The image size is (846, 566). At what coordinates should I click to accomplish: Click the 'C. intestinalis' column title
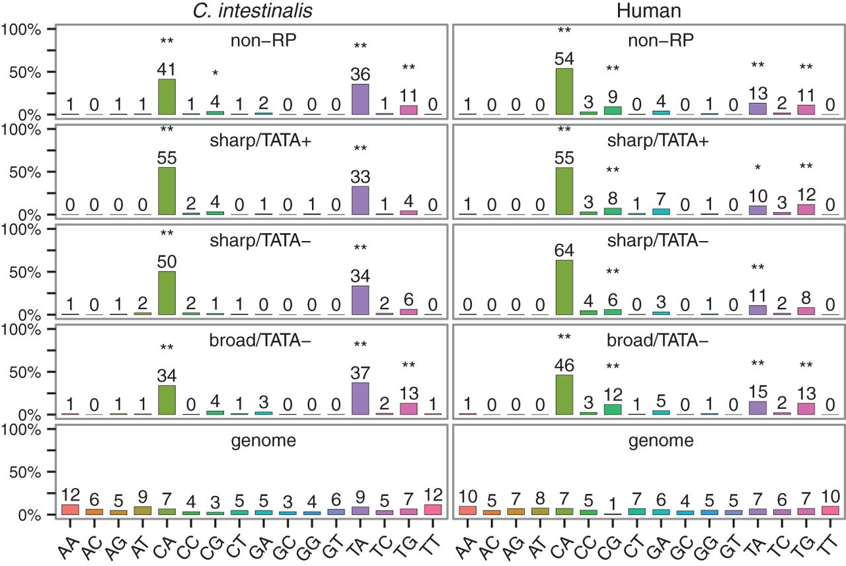click(252, 11)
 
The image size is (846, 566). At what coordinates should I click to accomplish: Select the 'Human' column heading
click(649, 11)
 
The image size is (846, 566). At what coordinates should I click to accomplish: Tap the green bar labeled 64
click(564, 287)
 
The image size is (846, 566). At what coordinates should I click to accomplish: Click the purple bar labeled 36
click(360, 99)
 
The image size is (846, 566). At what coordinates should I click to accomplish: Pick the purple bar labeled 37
click(360, 398)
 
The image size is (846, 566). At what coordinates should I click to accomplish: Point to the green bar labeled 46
click(564, 395)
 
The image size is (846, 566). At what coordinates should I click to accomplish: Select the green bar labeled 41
click(167, 97)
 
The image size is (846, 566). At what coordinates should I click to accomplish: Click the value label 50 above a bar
click(167, 262)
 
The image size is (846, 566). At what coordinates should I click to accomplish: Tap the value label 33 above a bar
click(360, 177)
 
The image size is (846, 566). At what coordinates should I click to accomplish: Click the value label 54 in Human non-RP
click(564, 59)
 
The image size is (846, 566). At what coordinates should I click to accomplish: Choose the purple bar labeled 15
click(757, 408)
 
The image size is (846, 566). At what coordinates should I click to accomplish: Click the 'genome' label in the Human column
click(661, 441)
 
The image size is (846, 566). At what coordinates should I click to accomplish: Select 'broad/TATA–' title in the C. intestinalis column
click(260, 340)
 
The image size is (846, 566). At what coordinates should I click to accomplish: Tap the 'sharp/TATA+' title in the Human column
click(658, 141)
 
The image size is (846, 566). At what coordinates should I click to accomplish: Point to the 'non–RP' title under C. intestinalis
click(263, 40)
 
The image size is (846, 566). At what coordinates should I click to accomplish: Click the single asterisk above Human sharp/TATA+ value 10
click(757, 168)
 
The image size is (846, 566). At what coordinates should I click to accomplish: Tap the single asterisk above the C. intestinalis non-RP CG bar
click(215, 73)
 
